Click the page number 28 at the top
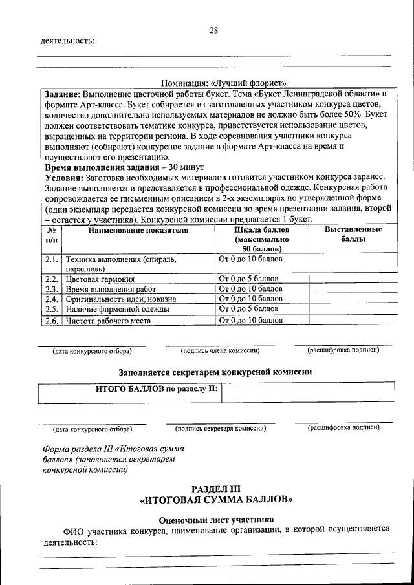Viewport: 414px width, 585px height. coord(213,30)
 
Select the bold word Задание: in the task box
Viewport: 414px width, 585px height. coord(61,94)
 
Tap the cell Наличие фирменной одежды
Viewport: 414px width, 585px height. coord(117,309)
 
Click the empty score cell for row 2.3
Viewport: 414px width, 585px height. coord(352,289)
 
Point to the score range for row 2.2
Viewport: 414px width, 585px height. coord(248,279)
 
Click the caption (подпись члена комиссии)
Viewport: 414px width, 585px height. coord(220,350)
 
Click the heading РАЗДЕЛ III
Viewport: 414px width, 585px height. coord(216,489)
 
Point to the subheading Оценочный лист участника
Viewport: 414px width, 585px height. coord(216,519)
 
